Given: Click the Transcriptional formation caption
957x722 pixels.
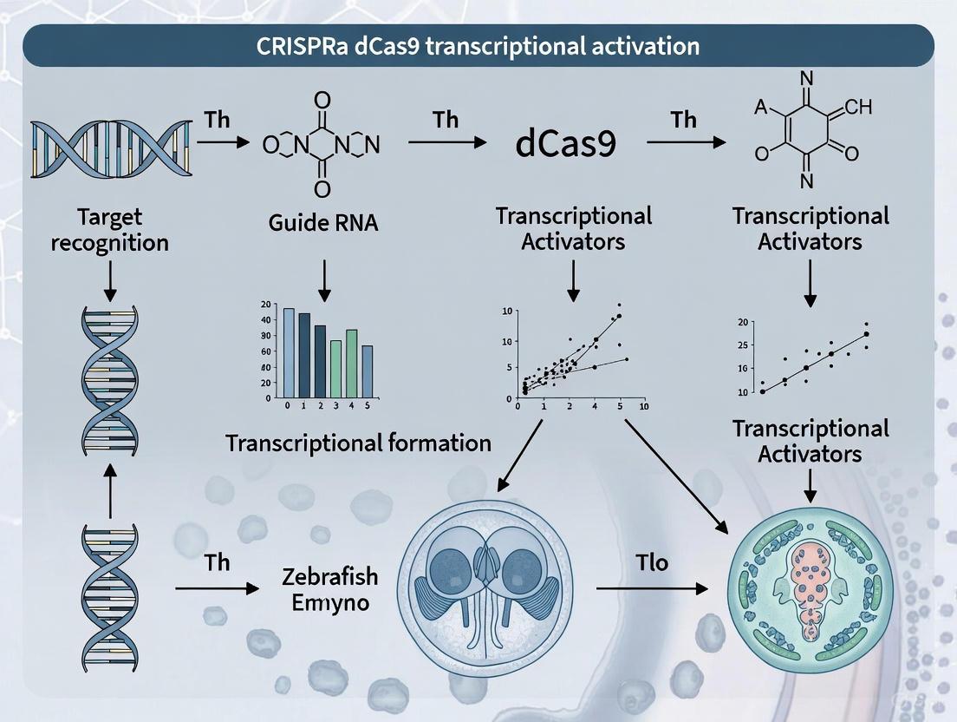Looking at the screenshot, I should pyautogui.click(x=358, y=443).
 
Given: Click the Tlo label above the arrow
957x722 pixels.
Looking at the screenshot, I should pyautogui.click(x=651, y=562).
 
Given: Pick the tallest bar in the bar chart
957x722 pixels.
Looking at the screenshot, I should pyautogui.click(x=289, y=352).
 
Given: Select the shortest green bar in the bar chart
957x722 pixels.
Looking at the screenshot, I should pyautogui.click(x=335, y=368).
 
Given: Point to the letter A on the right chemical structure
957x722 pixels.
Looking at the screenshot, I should pyautogui.click(x=760, y=107).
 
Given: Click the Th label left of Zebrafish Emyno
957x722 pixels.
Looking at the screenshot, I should pyautogui.click(x=217, y=562).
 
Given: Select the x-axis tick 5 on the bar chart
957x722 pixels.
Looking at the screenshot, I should pyautogui.click(x=367, y=404).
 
